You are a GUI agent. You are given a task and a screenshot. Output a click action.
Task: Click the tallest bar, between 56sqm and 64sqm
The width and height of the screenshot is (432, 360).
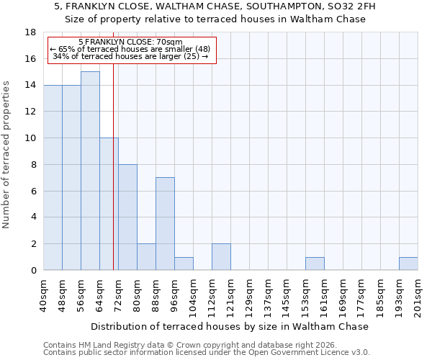tap(90, 171)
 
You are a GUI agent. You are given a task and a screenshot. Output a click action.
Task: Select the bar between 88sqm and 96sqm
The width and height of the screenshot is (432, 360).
tap(165, 223)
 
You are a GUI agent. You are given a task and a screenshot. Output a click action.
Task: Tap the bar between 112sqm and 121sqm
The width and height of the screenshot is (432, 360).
tap(221, 256)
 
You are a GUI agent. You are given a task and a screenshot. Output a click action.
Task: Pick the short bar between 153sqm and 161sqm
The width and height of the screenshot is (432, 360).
tap(315, 264)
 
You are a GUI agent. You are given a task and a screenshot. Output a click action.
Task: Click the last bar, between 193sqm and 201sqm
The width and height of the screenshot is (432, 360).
tap(408, 264)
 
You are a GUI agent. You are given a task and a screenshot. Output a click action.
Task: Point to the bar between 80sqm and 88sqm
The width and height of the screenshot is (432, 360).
tap(146, 256)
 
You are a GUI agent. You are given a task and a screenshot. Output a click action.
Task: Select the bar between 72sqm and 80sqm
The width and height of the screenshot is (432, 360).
tap(127, 217)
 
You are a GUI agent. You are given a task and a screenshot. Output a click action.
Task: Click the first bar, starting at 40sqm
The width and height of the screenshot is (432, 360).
tap(53, 177)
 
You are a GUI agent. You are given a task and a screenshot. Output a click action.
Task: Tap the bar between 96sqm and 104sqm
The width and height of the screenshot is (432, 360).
tap(184, 264)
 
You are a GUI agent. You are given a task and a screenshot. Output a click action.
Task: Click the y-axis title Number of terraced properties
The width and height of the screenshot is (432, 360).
tap(7, 155)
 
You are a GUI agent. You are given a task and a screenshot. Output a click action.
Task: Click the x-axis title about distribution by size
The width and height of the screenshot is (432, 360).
tap(230, 326)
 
